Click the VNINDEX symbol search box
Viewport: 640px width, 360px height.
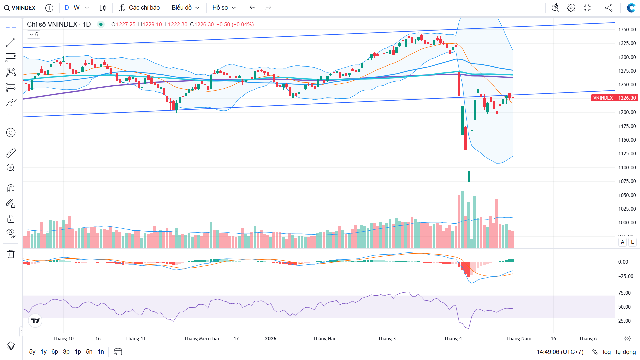pos(20,8)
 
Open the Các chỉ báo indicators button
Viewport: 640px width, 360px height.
pos(140,8)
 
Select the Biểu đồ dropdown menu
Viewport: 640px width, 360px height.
pos(185,8)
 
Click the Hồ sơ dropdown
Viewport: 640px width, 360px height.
pos(224,8)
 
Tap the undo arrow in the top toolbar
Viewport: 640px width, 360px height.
pos(253,8)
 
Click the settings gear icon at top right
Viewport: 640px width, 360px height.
pos(571,8)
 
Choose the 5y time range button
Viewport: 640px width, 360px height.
pos(32,352)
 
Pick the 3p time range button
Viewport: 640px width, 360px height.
pos(66,352)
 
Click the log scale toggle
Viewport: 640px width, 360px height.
pos(607,352)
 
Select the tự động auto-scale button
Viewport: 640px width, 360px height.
pos(626,352)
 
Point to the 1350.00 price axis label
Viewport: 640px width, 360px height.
pos(627,30)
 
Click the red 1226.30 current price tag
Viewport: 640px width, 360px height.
pos(627,98)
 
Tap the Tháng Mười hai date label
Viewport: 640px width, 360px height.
pos(201,339)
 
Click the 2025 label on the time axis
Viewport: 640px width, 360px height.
pos(271,339)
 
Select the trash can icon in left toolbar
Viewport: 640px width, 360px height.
pos(11,254)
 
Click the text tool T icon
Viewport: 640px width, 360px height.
pos(11,118)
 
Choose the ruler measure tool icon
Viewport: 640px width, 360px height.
pos(11,153)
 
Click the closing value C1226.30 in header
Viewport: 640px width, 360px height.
pos(202,24)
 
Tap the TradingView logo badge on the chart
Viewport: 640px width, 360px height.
pos(35,321)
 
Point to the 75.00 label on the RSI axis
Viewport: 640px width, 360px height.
pos(624,293)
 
